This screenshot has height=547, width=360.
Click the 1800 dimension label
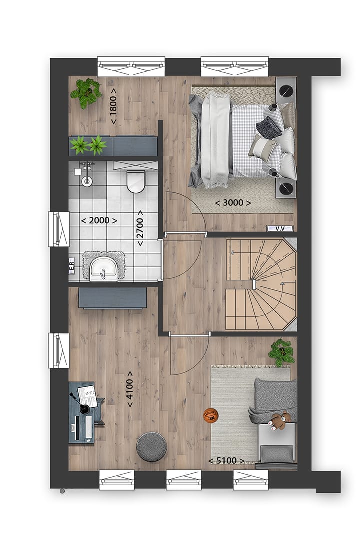click(114, 106)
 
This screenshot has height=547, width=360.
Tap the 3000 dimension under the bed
click(232, 203)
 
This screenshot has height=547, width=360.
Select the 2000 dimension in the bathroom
click(99, 220)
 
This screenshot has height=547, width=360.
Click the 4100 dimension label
click(130, 388)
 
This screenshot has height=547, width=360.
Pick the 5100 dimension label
click(226, 461)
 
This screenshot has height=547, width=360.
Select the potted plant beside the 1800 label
click(86, 92)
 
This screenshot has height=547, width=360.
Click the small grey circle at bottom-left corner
click(62, 491)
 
